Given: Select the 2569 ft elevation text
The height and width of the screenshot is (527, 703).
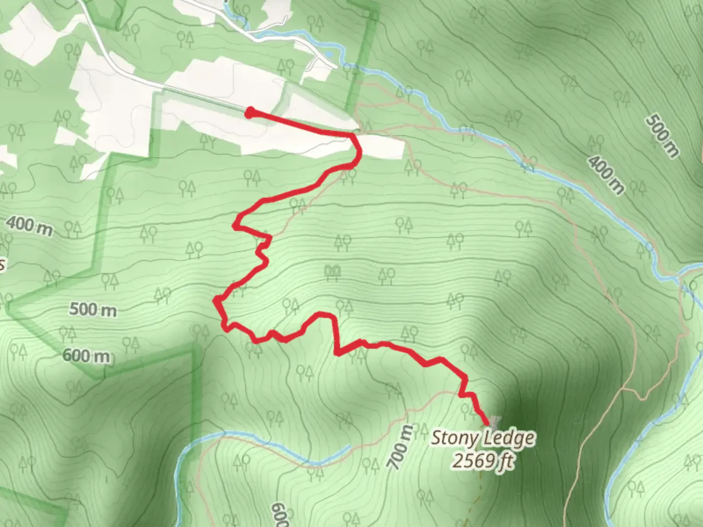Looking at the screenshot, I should tap(483, 460).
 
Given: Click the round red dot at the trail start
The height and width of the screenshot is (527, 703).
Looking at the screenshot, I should tap(249, 113).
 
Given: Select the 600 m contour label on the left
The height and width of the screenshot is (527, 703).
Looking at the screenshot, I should tap(86, 356).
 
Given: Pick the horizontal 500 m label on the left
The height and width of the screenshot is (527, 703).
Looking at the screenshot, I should tap(93, 309).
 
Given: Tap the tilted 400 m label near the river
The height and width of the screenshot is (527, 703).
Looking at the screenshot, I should tap(606, 175).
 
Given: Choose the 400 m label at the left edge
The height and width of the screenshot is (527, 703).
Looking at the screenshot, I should tap(28, 225).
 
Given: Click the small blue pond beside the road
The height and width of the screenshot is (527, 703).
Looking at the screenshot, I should tap(331, 54).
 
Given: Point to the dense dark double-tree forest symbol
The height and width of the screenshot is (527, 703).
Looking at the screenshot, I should tap(334, 272).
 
